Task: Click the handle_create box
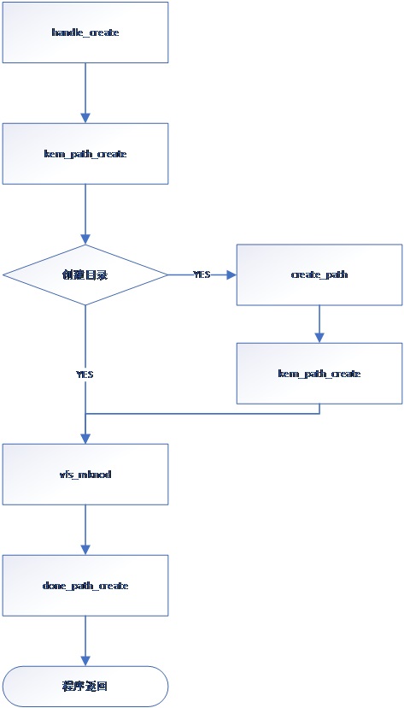pyautogui.click(x=85, y=32)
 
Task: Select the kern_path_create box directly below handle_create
pyautogui.click(x=85, y=154)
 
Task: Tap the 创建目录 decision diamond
pyautogui.click(x=85, y=274)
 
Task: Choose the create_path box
pyautogui.click(x=319, y=274)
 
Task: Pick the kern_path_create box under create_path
pyautogui.click(x=319, y=374)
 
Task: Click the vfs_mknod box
pyautogui.click(x=85, y=473)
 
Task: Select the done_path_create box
pyautogui.click(x=85, y=585)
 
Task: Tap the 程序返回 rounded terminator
pyautogui.click(x=85, y=686)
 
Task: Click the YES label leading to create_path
pyautogui.click(x=202, y=274)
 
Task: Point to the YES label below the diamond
pyautogui.click(x=85, y=374)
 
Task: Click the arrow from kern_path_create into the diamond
pyautogui.click(x=85, y=214)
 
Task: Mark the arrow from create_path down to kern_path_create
pyautogui.click(x=319, y=324)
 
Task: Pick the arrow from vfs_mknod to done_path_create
pyautogui.click(x=85, y=529)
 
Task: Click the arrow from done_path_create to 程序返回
pyautogui.click(x=85, y=641)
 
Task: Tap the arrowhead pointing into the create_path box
pyautogui.click(x=231, y=274)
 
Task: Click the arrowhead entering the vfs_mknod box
pyautogui.click(x=85, y=438)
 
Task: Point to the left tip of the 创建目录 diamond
pyautogui.click(x=4, y=274)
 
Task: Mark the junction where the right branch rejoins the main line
pyautogui.click(x=85, y=414)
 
